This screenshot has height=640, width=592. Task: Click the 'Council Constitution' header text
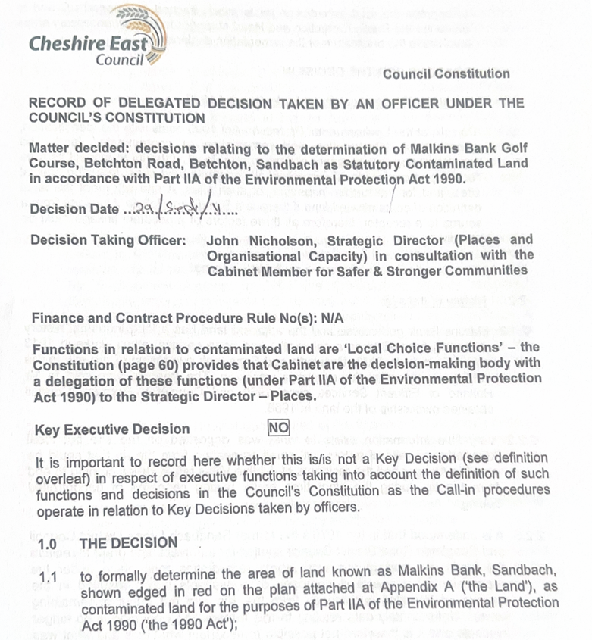[x=446, y=73]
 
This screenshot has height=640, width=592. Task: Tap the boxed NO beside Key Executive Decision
[x=279, y=428]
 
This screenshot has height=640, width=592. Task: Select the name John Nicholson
[x=255, y=241]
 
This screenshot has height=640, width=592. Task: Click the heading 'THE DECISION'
[x=129, y=544]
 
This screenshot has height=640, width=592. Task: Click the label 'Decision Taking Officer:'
[x=107, y=241]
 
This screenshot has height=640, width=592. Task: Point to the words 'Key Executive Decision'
[x=109, y=429]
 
